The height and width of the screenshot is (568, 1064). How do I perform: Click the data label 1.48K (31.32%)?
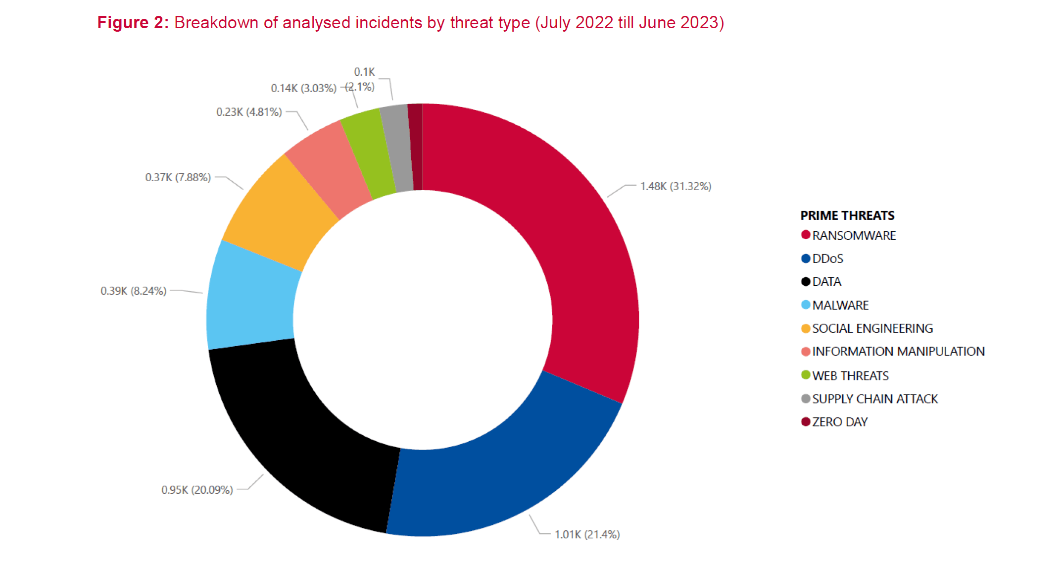point(676,186)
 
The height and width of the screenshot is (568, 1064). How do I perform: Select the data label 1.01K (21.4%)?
point(587,534)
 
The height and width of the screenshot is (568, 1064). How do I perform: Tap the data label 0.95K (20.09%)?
point(197,490)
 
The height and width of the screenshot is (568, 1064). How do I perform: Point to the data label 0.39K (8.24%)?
point(133,291)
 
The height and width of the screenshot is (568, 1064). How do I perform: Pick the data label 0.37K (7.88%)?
point(178,177)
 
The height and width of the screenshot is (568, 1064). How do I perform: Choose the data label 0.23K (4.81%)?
point(249,112)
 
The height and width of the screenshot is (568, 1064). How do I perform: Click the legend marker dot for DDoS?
point(806,258)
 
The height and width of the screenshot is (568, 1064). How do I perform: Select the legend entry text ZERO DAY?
point(840,422)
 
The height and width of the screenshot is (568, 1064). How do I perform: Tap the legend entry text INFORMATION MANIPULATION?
point(898,352)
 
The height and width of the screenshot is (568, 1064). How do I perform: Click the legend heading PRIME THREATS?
point(847,215)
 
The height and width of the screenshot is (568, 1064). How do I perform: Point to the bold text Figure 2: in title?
point(133,23)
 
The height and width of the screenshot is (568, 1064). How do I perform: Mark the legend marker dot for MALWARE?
point(806,305)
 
